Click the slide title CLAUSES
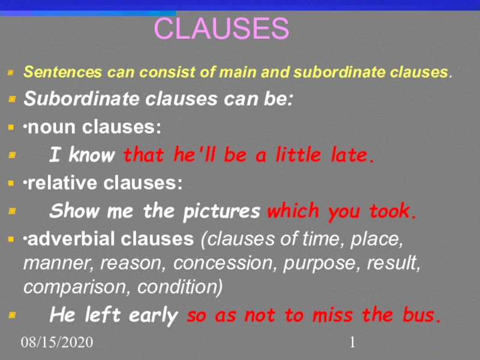click(221, 28)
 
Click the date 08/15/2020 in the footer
click(57, 343)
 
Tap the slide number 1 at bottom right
click(353, 343)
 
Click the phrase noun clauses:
click(93, 127)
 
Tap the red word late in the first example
click(354, 155)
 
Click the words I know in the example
click(82, 155)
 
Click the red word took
click(393, 212)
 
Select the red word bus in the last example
click(422, 315)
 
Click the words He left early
click(113, 315)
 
